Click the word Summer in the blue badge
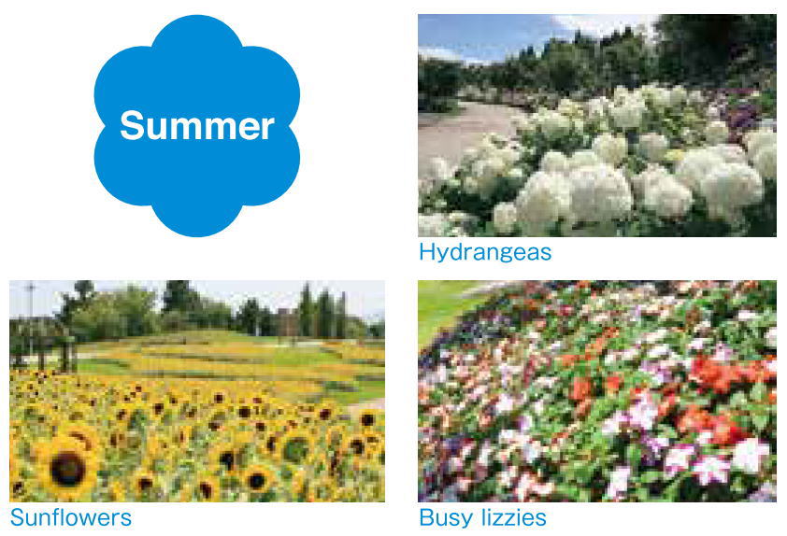click(x=196, y=125)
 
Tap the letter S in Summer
click(x=131, y=125)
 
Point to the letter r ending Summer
click(x=268, y=128)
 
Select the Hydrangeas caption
click(x=484, y=252)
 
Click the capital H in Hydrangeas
click(x=426, y=251)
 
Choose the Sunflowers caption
click(x=70, y=516)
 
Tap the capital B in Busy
click(x=426, y=517)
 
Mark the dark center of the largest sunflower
click(x=66, y=467)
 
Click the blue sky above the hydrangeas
click(x=486, y=33)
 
